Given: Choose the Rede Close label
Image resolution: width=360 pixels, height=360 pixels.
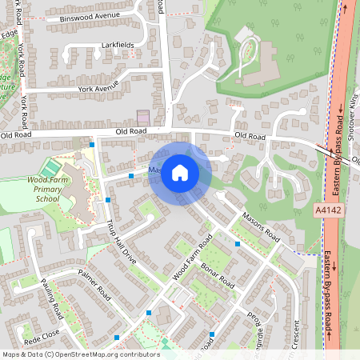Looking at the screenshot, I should (42, 335).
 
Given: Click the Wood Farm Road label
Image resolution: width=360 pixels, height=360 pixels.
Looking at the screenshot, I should (193, 256).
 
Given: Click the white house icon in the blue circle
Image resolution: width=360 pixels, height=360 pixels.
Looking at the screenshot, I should (180, 171).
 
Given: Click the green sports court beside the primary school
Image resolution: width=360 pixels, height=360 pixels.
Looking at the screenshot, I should (50, 168).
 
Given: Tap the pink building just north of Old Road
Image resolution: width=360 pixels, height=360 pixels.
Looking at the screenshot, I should (143, 117).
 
